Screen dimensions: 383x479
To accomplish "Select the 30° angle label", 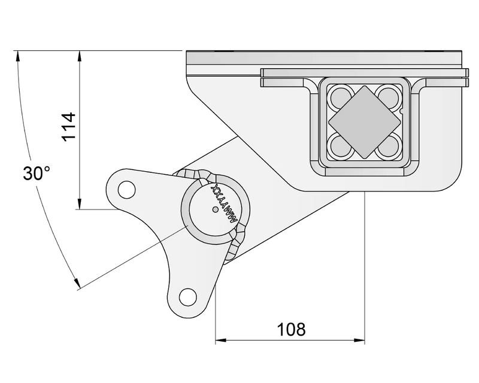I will point(36,174).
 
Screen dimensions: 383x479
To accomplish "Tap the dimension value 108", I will point(291,329).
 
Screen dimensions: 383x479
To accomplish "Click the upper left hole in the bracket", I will point(126,189).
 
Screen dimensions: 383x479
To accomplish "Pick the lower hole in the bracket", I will point(187,296).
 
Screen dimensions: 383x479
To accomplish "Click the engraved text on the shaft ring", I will point(225,207).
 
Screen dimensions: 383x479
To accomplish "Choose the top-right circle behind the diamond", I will point(388,96).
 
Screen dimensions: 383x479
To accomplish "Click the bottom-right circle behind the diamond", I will point(388,147).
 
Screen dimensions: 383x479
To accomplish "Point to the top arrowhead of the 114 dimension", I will point(79,56).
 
